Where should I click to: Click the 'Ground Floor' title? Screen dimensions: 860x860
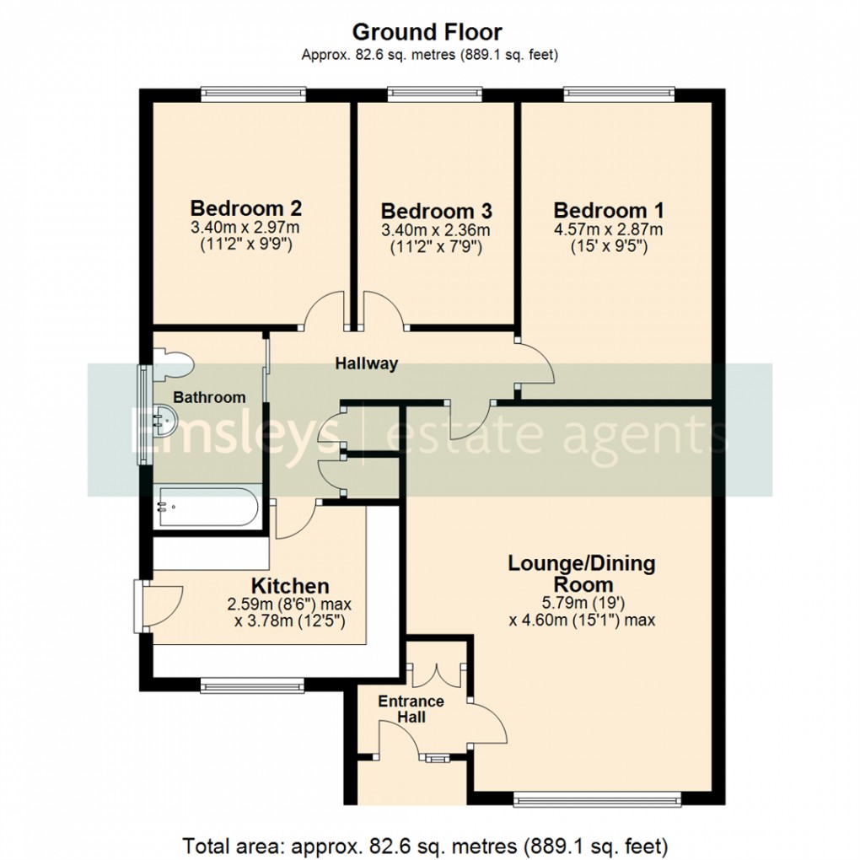pos(427,33)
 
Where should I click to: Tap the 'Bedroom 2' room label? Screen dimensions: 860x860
pos(246,207)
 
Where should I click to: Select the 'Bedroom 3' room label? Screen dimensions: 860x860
pos(436,211)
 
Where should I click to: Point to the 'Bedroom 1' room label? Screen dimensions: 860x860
pos(608,209)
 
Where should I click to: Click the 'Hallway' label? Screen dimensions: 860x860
pos(366,364)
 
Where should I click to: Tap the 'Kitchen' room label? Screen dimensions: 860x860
pos(290,585)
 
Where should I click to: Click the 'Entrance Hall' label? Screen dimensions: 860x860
pos(411,709)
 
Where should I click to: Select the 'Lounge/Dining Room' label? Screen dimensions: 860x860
pos(582,573)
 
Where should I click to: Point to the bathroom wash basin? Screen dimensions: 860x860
pos(164,417)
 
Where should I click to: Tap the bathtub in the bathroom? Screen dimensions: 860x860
pos(207,507)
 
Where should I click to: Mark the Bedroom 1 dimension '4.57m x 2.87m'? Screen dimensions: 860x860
pos(608,229)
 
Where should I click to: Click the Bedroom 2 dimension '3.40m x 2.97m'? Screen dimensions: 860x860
pos(246,228)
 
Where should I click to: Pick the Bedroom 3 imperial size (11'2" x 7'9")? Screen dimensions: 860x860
pos(436,248)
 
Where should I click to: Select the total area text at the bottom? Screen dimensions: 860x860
pos(427,844)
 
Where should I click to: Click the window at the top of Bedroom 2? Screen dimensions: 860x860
pos(252,94)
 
